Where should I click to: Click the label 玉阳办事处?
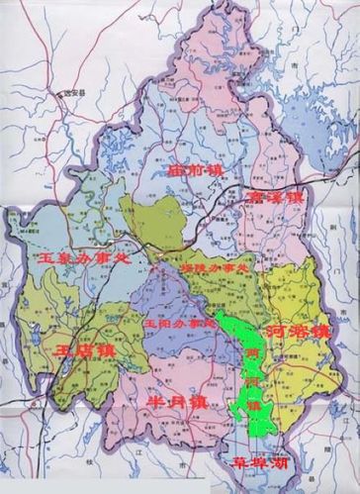point(183,323)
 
